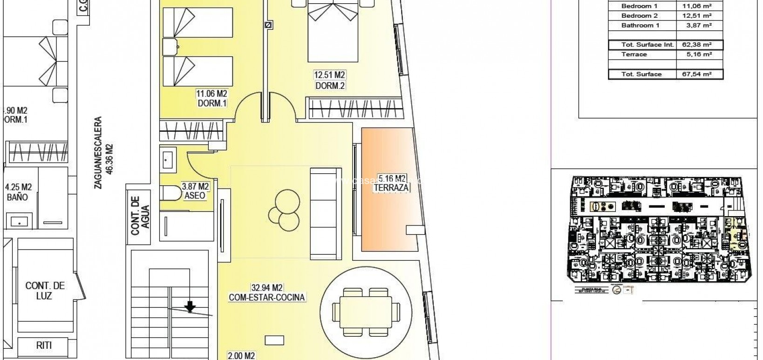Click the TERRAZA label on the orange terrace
391,188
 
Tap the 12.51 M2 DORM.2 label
330,81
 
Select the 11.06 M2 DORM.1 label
212,99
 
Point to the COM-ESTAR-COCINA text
267,298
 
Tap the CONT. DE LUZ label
45,291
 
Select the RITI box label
45,345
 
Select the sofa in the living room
326,213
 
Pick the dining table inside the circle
367,312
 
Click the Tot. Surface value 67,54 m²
699,74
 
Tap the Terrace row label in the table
634,54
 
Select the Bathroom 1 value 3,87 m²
699,26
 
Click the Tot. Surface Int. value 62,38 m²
699,45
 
